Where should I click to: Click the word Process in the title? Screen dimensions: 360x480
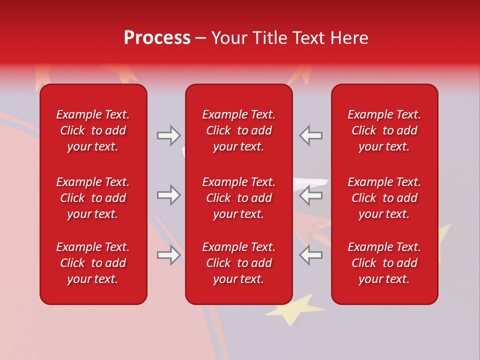[x=157, y=38]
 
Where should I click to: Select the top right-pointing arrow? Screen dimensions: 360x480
[x=168, y=135]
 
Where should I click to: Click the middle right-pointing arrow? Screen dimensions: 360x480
[x=168, y=195]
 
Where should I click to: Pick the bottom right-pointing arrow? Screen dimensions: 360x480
[x=168, y=255]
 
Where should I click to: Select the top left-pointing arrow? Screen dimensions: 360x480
[x=311, y=135]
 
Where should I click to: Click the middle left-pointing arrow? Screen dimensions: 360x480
[x=311, y=195]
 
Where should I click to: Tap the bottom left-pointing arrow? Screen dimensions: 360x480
[x=311, y=255]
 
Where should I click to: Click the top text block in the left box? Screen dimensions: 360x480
[x=93, y=130]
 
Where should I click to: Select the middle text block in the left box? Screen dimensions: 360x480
[x=93, y=198]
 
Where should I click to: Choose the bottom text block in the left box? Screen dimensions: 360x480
[x=93, y=263]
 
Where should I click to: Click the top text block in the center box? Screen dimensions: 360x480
[x=238, y=130]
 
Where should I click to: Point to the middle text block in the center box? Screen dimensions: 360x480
[x=238, y=198]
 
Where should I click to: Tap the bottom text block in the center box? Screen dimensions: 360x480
[x=238, y=263]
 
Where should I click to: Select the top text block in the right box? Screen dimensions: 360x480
[x=384, y=130]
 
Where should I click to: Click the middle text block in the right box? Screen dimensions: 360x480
[x=384, y=198]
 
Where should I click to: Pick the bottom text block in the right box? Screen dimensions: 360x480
[x=384, y=263]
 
